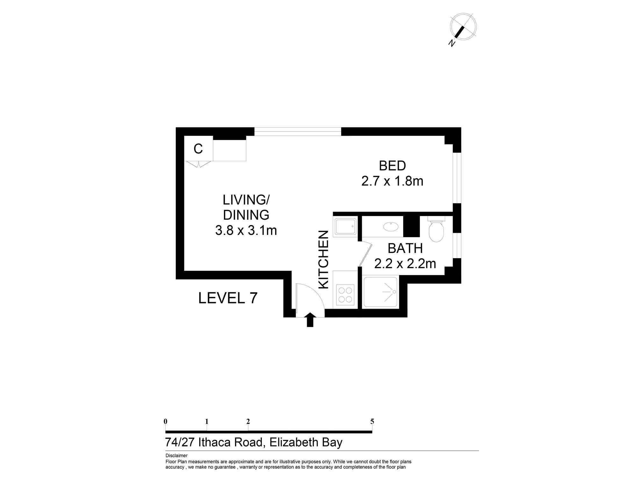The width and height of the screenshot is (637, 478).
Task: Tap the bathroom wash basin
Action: [x=390, y=227]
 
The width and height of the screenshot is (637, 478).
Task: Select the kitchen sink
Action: [x=345, y=227]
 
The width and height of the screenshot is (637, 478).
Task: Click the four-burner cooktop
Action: [x=345, y=295]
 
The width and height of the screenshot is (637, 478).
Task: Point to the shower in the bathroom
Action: [x=381, y=292]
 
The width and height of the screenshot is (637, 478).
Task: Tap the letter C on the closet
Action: [x=198, y=149]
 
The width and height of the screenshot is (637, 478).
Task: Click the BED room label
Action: [x=392, y=166]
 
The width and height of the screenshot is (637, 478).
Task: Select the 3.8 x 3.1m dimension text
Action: [x=246, y=230]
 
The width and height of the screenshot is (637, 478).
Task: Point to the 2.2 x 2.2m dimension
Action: [x=405, y=264]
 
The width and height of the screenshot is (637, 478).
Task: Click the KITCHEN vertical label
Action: [x=324, y=259]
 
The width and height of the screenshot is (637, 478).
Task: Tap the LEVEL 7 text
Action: [x=228, y=298]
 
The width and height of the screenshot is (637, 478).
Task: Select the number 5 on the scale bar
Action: [x=372, y=422]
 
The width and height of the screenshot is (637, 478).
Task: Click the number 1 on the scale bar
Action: [x=207, y=422]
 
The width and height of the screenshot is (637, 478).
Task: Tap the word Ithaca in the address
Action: [x=214, y=442]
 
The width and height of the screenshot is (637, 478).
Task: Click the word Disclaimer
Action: [x=176, y=456]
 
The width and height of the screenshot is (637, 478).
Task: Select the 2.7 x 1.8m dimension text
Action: [x=392, y=181]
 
